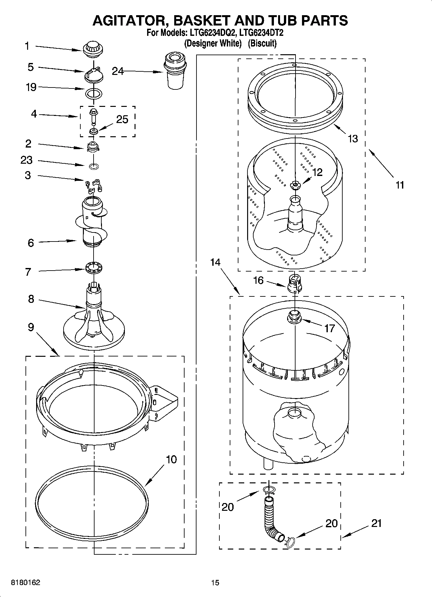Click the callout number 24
click(118, 71)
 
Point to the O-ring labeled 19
click(94, 94)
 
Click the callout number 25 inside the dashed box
click(122, 119)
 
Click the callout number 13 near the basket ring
click(353, 139)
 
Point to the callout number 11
click(400, 185)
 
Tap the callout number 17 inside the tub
click(329, 328)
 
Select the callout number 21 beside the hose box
click(376, 523)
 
